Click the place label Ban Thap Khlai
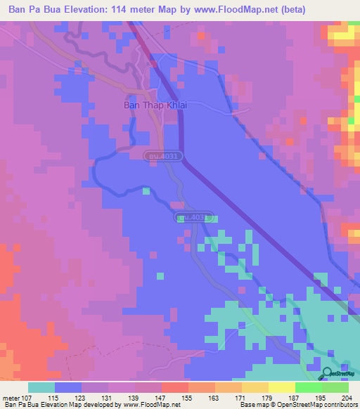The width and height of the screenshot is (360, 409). [x=148, y=106]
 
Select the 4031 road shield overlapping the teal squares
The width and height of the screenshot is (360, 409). [x=192, y=218]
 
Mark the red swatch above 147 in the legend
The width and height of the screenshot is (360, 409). [x=174, y=387]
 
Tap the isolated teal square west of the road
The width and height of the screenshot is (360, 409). [x=146, y=190]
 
